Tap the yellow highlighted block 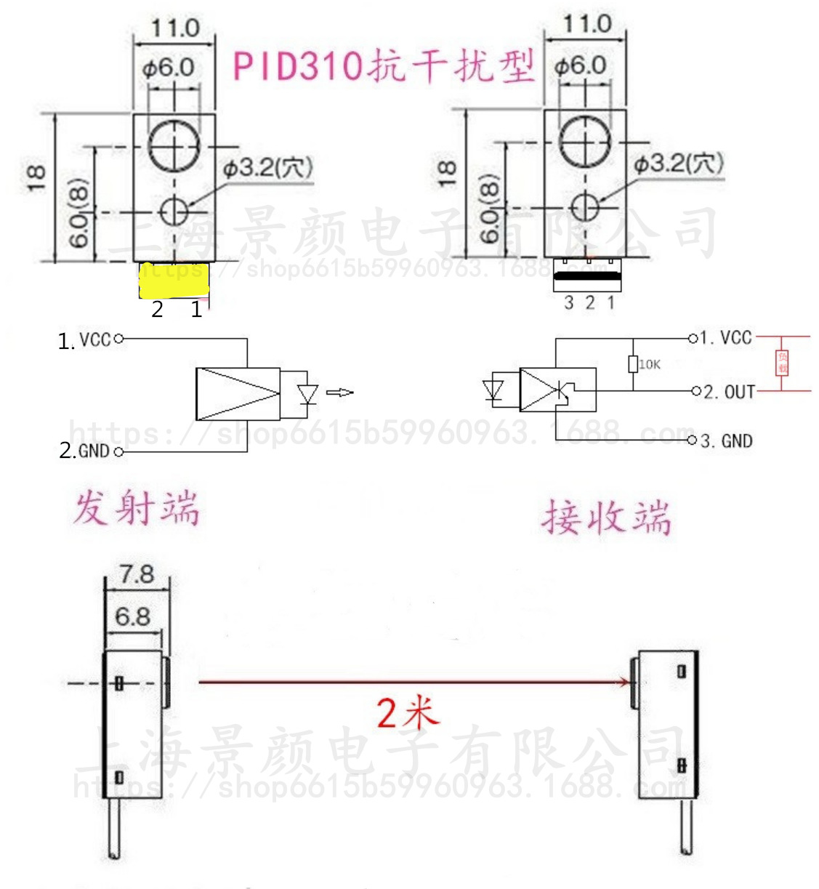click(x=174, y=281)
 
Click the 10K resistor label click(x=650, y=364)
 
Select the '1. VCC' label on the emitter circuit click(x=85, y=340)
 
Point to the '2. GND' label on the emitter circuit click(x=84, y=451)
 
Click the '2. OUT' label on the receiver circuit click(x=729, y=393)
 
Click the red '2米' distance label click(x=408, y=712)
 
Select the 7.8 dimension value click(x=137, y=574)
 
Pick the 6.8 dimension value click(x=132, y=617)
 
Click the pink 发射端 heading click(x=136, y=507)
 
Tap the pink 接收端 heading click(x=606, y=518)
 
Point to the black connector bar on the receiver click(x=587, y=276)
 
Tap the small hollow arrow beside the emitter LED click(x=339, y=393)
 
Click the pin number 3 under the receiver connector click(x=569, y=303)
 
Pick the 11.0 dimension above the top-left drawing click(x=174, y=28)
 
